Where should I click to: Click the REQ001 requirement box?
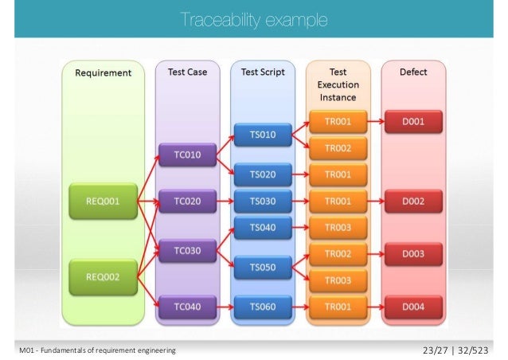click(x=104, y=202)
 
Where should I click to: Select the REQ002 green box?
click(x=104, y=276)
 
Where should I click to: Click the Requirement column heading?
click(x=103, y=72)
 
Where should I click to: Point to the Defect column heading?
click(x=413, y=72)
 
